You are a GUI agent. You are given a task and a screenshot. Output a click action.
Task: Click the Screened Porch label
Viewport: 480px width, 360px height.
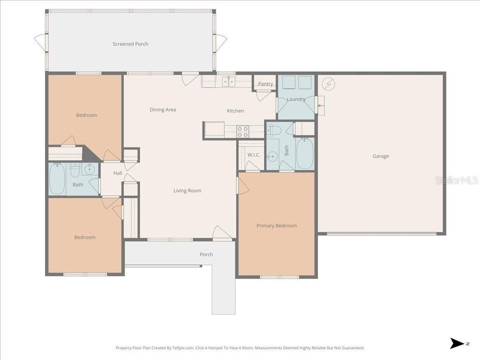pos(130,44)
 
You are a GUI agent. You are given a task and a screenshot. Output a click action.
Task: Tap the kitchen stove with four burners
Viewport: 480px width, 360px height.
pos(242,131)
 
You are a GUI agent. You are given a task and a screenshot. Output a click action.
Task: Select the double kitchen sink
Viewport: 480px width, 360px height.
pos(229,81)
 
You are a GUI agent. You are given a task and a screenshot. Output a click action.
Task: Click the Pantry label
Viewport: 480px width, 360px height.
pos(265,84)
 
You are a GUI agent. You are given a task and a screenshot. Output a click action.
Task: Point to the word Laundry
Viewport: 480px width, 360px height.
pos(296,99)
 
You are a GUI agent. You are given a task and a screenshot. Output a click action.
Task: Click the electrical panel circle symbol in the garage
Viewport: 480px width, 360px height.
pos(327,84)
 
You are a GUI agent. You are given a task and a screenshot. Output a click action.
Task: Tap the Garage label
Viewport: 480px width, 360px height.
pos(380,156)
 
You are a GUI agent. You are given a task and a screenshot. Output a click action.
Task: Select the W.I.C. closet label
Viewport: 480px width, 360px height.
pos(253,155)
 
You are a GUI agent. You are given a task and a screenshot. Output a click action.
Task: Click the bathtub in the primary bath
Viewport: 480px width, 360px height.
pos(304,154)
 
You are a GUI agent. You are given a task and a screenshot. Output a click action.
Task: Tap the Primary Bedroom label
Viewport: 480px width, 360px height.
pos(276,225)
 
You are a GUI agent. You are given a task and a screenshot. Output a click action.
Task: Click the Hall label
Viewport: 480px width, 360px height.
pos(117,173)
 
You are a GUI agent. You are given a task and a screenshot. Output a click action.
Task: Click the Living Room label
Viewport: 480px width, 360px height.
pos(187,190)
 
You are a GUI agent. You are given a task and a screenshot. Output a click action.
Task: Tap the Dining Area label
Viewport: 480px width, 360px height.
pos(163,109)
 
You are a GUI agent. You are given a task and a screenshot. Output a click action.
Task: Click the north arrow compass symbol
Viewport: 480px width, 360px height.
pos(457,343)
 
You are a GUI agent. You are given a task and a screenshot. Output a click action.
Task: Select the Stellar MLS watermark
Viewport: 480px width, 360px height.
pos(456,180)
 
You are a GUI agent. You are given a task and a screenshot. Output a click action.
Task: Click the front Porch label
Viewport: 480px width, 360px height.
pos(206,254)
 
